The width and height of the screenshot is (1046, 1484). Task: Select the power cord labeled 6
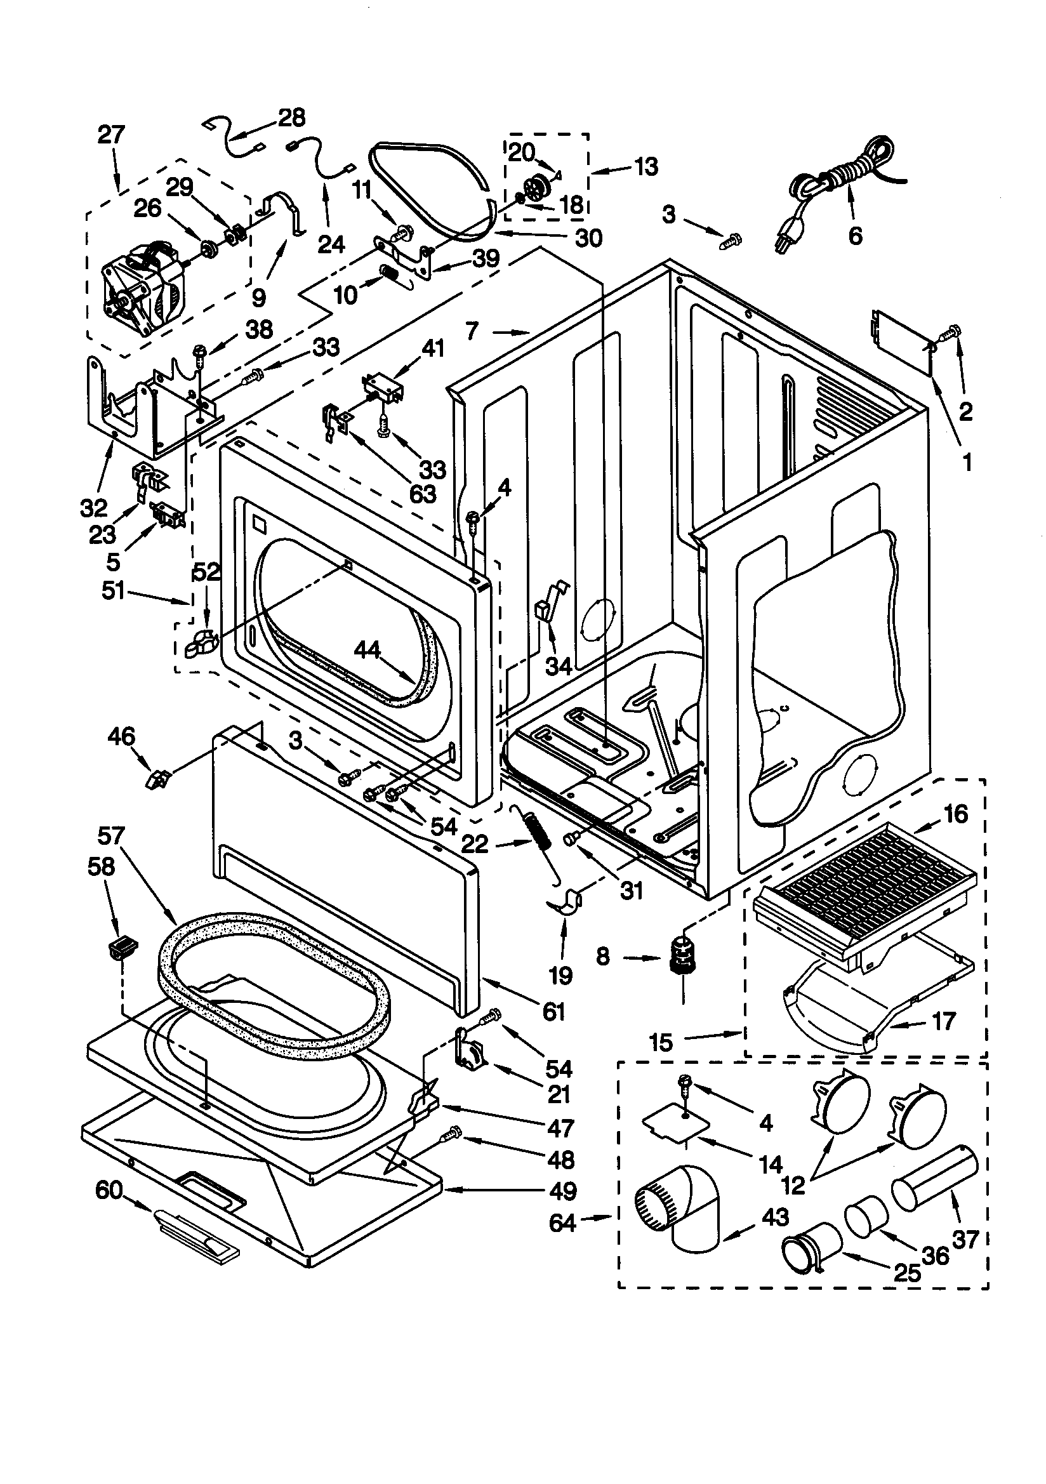840,181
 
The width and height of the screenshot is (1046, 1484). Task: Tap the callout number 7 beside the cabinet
473,331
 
